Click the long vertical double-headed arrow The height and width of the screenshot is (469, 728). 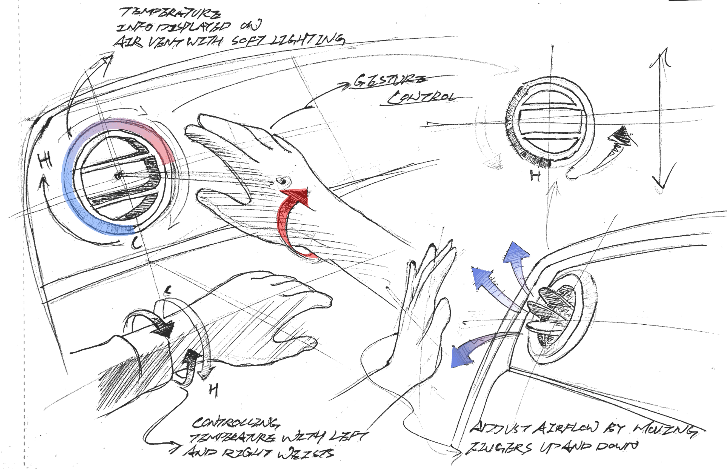coord(661,122)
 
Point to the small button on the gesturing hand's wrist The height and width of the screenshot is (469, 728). coord(283,182)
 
